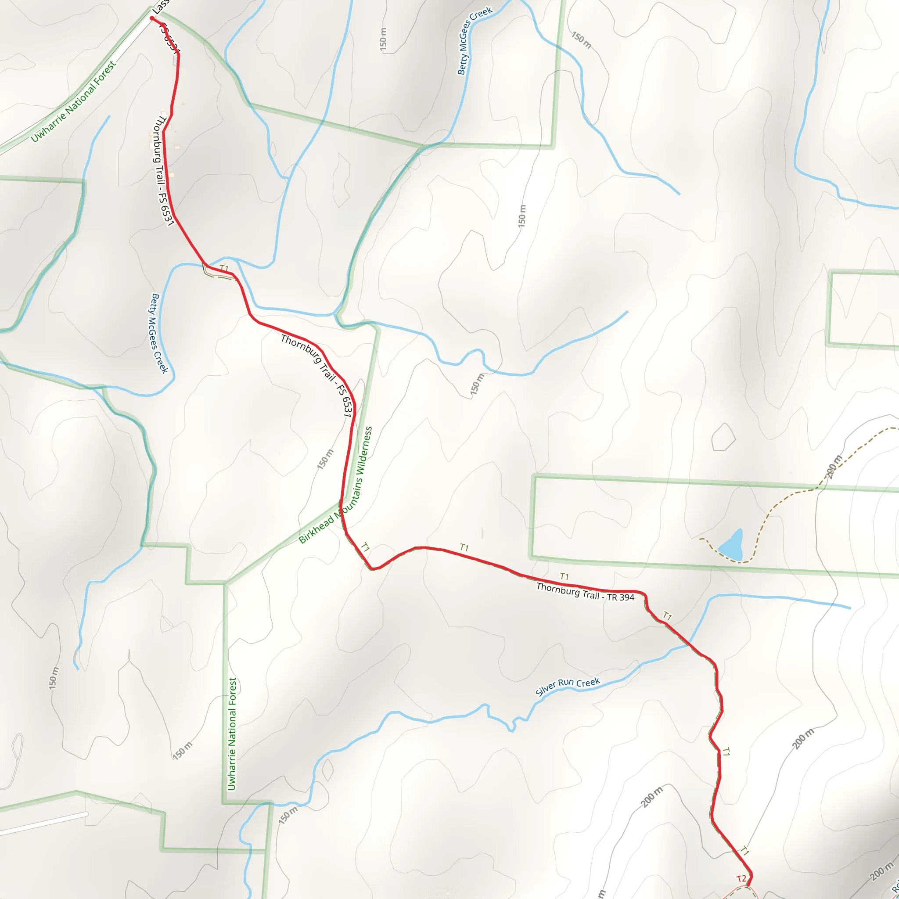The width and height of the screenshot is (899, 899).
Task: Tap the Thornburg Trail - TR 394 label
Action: [585, 592]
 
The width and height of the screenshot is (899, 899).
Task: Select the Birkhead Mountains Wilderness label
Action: [335, 485]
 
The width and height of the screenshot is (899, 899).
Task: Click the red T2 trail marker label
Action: [741, 878]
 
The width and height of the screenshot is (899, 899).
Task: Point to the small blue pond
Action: [732, 545]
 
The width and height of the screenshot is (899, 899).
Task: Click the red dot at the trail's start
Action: [152, 18]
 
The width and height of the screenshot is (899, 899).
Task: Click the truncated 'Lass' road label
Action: [161, 6]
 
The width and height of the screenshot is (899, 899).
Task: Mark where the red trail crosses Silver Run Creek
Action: [690, 644]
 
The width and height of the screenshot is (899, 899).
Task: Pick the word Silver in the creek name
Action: [545, 690]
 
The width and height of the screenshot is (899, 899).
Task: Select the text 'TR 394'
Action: [620, 597]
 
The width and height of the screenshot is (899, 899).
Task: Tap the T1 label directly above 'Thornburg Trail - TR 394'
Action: [564, 576]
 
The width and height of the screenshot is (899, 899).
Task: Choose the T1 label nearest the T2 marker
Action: [744, 851]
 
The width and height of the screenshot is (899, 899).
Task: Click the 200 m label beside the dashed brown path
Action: [834, 466]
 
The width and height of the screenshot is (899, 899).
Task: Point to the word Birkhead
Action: [316, 529]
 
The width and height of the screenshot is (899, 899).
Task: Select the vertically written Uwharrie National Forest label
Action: [232, 734]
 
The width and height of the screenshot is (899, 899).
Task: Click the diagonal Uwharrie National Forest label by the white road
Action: [73, 102]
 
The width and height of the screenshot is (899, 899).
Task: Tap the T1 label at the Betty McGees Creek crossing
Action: [224, 268]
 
